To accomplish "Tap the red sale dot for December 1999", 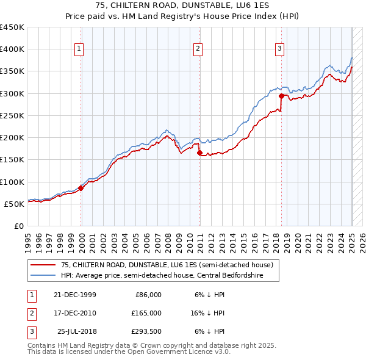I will pos(81,188).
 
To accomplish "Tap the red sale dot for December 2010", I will pos(199,153).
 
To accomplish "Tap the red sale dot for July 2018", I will pos(281,96).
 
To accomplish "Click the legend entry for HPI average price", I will pos(161,275).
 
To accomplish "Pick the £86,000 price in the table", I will pos(148,295).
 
